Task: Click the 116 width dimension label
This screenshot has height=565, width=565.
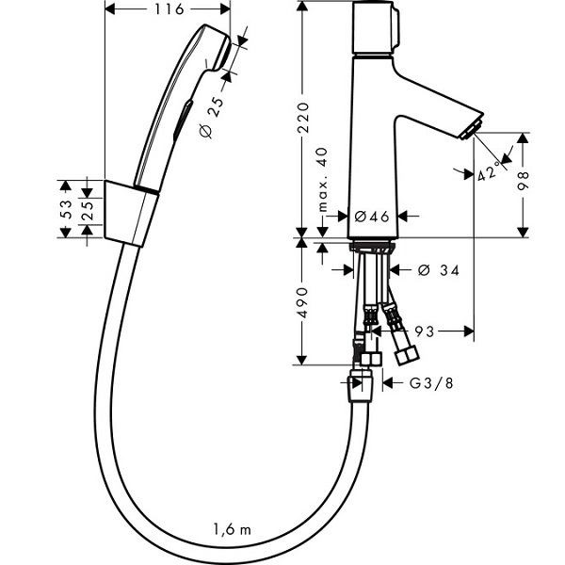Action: [169, 9]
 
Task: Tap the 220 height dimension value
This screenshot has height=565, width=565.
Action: [303, 118]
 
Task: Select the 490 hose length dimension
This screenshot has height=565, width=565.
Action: [302, 302]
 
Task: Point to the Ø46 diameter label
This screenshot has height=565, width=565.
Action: [372, 217]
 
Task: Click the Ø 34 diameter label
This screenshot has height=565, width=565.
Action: [439, 270]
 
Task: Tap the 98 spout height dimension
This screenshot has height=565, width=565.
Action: [523, 181]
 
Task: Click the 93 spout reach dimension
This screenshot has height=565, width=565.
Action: [424, 331]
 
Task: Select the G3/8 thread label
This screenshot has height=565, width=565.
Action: [431, 382]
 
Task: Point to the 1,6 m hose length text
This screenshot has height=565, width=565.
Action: [232, 529]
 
